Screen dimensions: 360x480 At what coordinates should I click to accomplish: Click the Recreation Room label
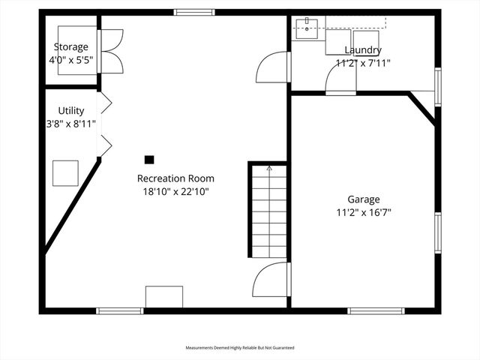pyautogui.click(x=175, y=178)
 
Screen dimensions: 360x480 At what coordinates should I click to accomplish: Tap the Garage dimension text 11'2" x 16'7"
pyautogui.click(x=364, y=212)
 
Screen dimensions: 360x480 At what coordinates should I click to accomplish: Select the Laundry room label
pyautogui.click(x=363, y=50)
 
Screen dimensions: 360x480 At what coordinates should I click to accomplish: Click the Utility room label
pyautogui.click(x=70, y=111)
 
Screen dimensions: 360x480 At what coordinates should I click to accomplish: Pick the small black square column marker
pyautogui.click(x=149, y=159)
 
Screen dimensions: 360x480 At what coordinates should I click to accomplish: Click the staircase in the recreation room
pyautogui.click(x=268, y=212)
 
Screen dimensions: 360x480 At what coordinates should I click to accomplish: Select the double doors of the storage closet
pyautogui.click(x=111, y=51)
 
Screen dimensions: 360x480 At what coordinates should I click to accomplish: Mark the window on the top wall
pyautogui.click(x=194, y=13)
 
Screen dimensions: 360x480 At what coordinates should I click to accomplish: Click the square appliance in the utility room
pyautogui.click(x=65, y=173)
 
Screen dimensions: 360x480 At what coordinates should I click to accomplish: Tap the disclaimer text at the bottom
pyautogui.click(x=240, y=348)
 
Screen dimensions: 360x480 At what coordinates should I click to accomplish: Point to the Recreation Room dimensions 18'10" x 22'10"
pyautogui.click(x=175, y=191)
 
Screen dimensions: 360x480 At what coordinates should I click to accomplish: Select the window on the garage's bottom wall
pyautogui.click(x=376, y=310)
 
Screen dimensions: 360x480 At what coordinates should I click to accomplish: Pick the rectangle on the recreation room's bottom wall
pyautogui.click(x=164, y=297)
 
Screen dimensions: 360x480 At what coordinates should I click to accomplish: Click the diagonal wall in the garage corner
pyautogui.click(x=421, y=107)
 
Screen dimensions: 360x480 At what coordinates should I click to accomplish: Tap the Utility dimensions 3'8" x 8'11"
pyautogui.click(x=70, y=124)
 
